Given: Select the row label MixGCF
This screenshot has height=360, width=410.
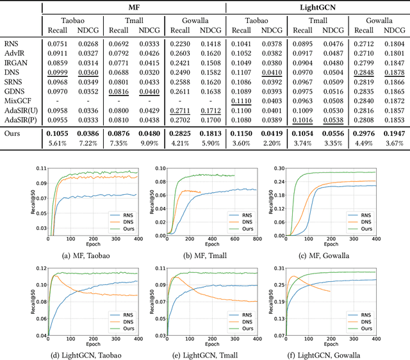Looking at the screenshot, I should (17, 101).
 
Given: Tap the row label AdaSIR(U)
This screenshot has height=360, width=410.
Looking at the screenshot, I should (20, 110).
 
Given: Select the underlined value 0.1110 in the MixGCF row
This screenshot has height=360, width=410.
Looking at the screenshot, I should (242, 101).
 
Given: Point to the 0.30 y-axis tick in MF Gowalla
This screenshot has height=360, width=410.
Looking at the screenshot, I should (279, 168).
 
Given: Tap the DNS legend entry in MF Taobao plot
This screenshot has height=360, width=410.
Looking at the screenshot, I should (126, 222).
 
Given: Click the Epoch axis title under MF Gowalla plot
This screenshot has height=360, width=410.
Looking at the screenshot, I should (331, 245).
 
